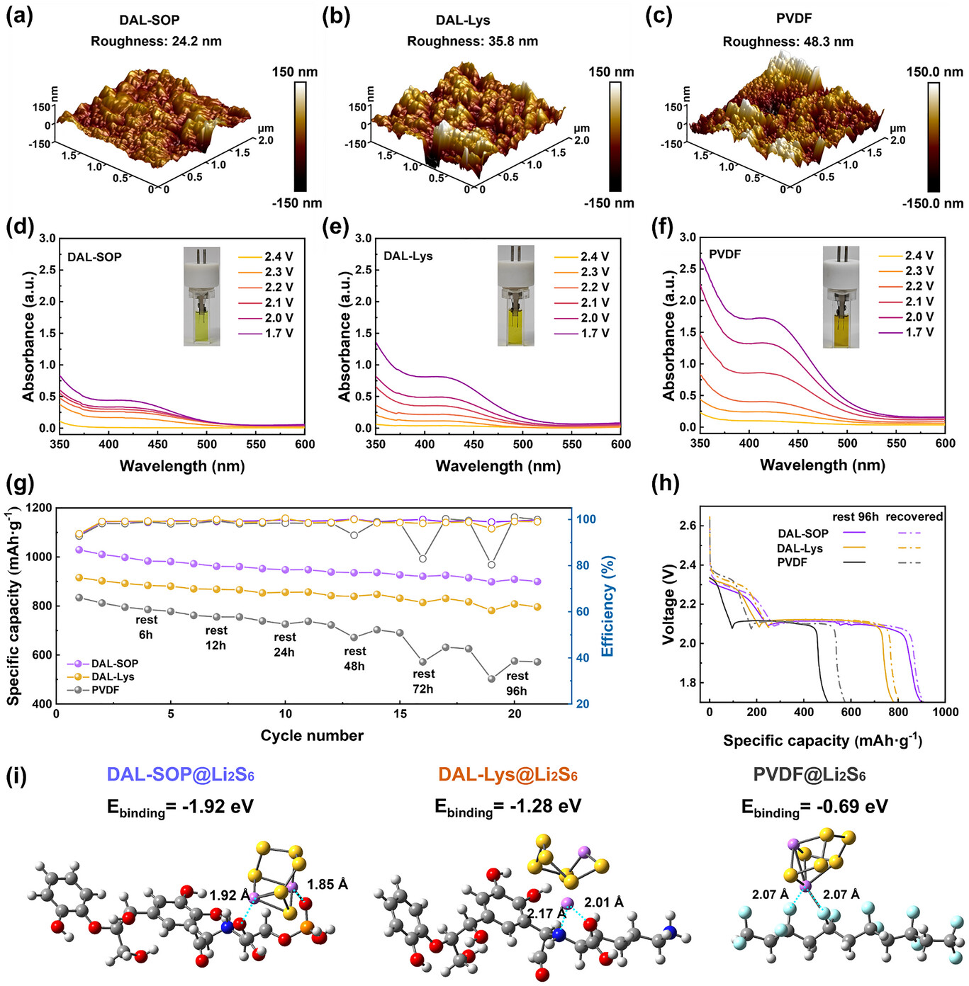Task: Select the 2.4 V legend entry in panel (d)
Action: click(279, 256)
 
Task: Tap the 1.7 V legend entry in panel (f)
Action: click(919, 331)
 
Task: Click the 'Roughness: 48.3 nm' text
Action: click(788, 42)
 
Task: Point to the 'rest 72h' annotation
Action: click(423, 681)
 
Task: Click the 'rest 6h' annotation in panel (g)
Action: click(146, 628)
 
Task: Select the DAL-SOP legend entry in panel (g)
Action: click(114, 664)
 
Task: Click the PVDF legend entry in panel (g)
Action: click(105, 690)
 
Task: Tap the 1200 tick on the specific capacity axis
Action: click(39, 508)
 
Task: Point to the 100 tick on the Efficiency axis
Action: click(586, 519)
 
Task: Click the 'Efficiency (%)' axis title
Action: click(607, 606)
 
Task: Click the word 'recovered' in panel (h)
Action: click(914, 517)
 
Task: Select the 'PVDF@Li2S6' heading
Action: click(809, 774)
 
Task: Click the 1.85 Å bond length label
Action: click(327, 884)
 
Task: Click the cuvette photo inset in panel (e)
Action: click(515, 295)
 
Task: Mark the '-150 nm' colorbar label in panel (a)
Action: click(296, 203)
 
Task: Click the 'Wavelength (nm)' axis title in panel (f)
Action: click(822, 465)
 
